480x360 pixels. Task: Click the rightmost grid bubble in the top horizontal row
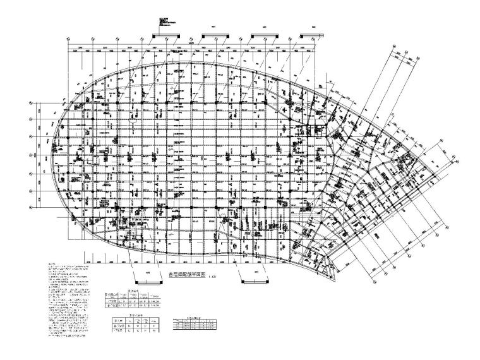tap(314, 39)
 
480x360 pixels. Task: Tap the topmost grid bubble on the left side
tap(30, 102)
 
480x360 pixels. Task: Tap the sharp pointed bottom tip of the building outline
tap(328, 279)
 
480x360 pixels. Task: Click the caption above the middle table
tap(131, 314)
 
